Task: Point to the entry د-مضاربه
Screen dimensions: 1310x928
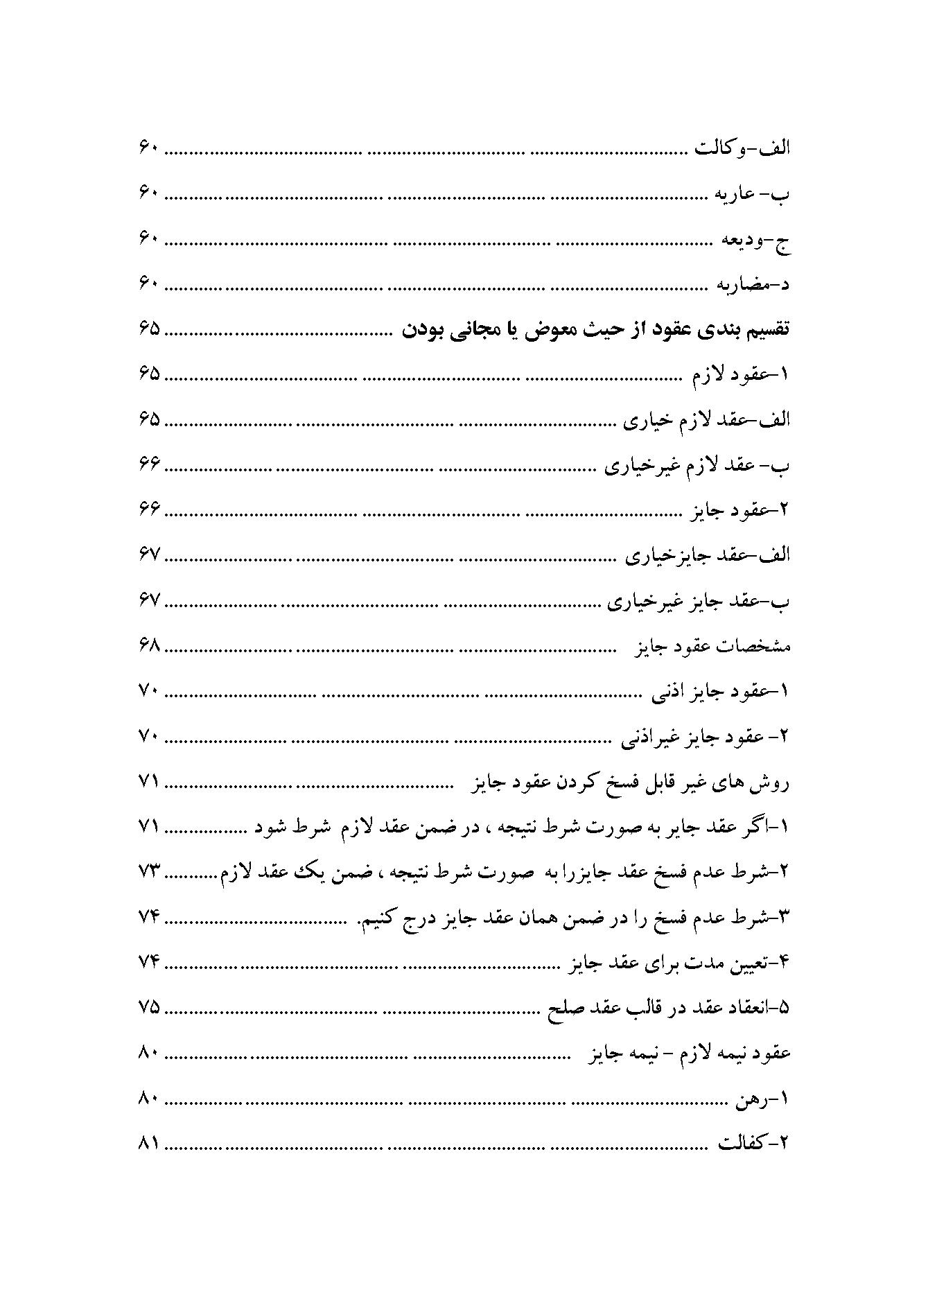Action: coord(755,284)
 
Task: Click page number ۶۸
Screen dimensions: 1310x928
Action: coord(149,646)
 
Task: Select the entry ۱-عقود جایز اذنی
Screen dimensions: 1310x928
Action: coord(721,691)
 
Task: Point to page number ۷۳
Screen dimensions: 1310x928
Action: coord(149,872)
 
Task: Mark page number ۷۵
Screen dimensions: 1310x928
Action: coord(149,1007)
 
